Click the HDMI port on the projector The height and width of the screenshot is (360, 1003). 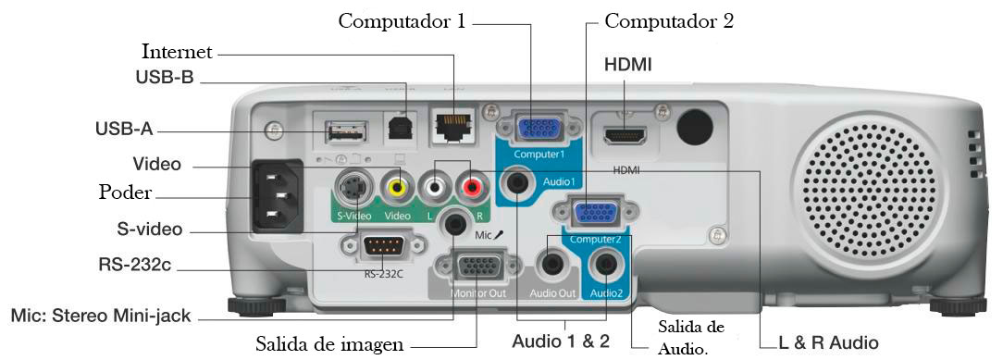(x=625, y=135)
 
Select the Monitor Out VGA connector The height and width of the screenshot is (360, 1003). (x=476, y=268)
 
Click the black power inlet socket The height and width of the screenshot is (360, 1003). (x=277, y=197)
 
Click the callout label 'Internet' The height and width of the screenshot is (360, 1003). (x=177, y=50)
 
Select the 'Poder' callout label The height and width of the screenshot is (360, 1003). (x=125, y=193)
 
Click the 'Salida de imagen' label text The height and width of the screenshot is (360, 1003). (x=330, y=344)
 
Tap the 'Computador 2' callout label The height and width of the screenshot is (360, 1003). (x=669, y=20)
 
